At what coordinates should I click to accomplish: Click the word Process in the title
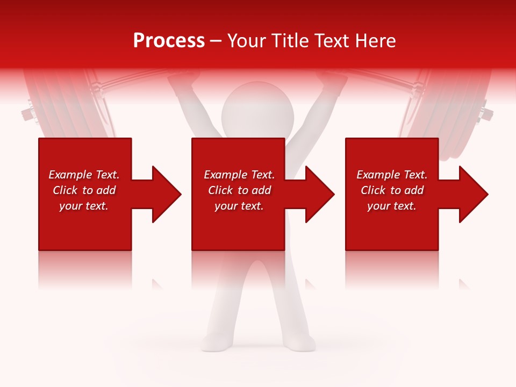coord(169,41)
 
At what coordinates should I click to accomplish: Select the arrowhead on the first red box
coord(163,194)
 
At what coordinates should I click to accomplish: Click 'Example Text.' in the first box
coord(84,175)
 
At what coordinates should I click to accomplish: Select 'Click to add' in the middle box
coord(239,190)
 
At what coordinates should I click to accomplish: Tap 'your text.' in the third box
coord(391,206)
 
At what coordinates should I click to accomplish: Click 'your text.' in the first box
coord(84,206)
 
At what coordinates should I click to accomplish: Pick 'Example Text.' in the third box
coord(391,175)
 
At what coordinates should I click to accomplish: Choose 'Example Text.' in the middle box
coord(239,175)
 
